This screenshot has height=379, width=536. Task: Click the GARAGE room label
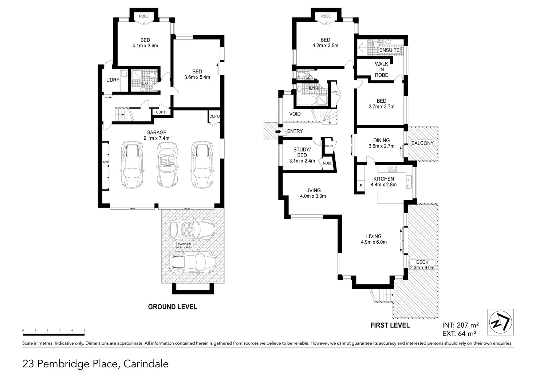[x=156, y=135]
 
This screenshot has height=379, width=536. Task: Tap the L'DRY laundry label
[x=113, y=80]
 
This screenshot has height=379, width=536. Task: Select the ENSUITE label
[x=389, y=50]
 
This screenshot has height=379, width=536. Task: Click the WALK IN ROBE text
[x=381, y=70]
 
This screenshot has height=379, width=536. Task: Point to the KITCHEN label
[x=383, y=182]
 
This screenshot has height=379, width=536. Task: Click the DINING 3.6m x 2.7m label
[x=381, y=143]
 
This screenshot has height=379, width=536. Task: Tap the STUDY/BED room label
[x=302, y=155]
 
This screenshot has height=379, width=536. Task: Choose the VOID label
[x=295, y=114]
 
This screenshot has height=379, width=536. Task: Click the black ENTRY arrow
[x=278, y=131]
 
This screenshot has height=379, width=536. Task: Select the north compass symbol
[x=500, y=322]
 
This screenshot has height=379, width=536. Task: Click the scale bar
[x=54, y=334]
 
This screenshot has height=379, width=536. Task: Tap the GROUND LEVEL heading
[x=173, y=307]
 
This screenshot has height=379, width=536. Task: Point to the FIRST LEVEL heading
[x=390, y=325]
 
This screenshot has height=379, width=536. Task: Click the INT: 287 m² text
[x=460, y=325]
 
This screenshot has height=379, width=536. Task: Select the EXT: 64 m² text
[x=459, y=333]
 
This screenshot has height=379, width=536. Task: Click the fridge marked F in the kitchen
[x=360, y=186]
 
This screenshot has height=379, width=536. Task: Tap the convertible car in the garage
[x=167, y=165]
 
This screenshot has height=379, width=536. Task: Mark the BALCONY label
[x=422, y=143]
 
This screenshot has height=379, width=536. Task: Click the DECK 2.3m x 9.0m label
[x=422, y=265]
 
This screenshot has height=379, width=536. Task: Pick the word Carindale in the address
[x=146, y=364]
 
